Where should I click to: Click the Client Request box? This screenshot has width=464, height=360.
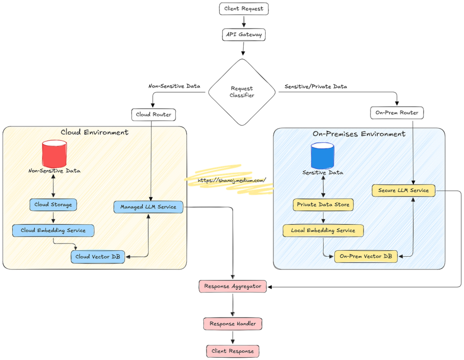pos(244,9)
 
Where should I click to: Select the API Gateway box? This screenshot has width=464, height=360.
pos(243,34)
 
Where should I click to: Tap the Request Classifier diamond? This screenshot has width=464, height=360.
pos(242,92)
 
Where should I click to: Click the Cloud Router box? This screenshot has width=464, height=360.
pos(154,114)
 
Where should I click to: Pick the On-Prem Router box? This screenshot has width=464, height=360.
pos(397,112)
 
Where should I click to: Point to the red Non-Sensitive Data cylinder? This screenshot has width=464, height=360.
pos(54,154)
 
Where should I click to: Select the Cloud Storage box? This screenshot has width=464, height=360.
pos(53,204)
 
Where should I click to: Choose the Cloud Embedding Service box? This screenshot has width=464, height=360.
pos(53,230)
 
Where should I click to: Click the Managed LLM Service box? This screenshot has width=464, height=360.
pos(148,207)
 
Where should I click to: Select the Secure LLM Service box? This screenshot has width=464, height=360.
pos(403,190)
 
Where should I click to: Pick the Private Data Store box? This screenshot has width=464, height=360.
pos(323,204)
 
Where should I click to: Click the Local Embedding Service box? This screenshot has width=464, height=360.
pos(323,230)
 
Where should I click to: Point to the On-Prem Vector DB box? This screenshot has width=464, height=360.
pos(366,256)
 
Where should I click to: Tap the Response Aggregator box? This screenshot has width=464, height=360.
pos(232,286)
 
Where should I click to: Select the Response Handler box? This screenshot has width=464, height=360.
pos(232,324)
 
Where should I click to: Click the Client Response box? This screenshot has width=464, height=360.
pos(233,351)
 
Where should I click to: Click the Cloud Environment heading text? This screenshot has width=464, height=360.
pos(94,132)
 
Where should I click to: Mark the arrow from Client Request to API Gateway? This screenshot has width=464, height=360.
pos(244,22)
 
